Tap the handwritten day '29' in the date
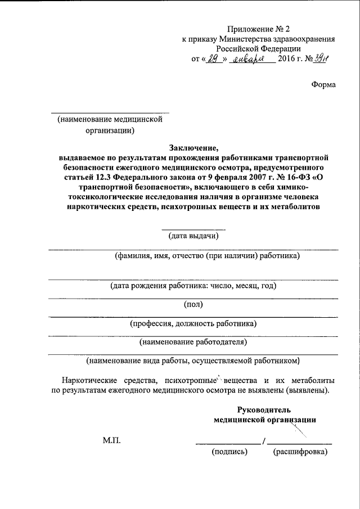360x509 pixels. coord(211,60)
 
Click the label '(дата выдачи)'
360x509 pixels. coord(193,236)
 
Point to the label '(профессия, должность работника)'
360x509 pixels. coord(193,323)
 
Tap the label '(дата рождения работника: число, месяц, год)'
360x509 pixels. coord(193,285)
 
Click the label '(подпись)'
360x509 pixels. coord(229,452)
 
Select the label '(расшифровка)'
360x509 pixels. coord(299,452)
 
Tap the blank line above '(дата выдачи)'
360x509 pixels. coord(193,229)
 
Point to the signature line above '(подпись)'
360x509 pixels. coord(228,444)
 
